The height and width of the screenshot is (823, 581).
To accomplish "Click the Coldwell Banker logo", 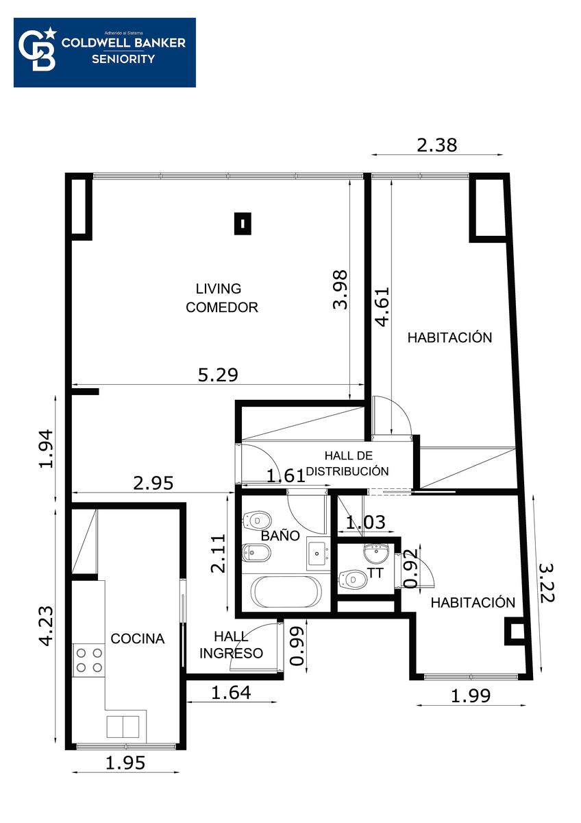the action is coord(105,53).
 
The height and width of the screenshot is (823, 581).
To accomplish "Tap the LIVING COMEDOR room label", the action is coord(221,298).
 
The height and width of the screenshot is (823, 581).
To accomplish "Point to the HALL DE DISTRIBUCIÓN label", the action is coord(347,464).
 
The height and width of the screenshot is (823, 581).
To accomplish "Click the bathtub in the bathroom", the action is coord(286,592).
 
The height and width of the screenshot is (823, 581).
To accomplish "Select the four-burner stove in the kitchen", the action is coord(89,660).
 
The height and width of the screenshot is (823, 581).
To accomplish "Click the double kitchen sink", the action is coord(123,726).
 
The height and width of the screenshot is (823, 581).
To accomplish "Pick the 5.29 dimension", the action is coord(218,374).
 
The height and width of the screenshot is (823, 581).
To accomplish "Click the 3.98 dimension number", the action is coord(340,289).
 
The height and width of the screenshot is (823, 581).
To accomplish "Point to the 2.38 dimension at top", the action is coord(436,145).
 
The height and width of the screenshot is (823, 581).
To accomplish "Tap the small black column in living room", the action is coord(243,224).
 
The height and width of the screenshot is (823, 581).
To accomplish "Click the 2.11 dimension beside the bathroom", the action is coord(218,553).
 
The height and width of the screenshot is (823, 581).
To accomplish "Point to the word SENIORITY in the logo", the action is coord(123,59).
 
